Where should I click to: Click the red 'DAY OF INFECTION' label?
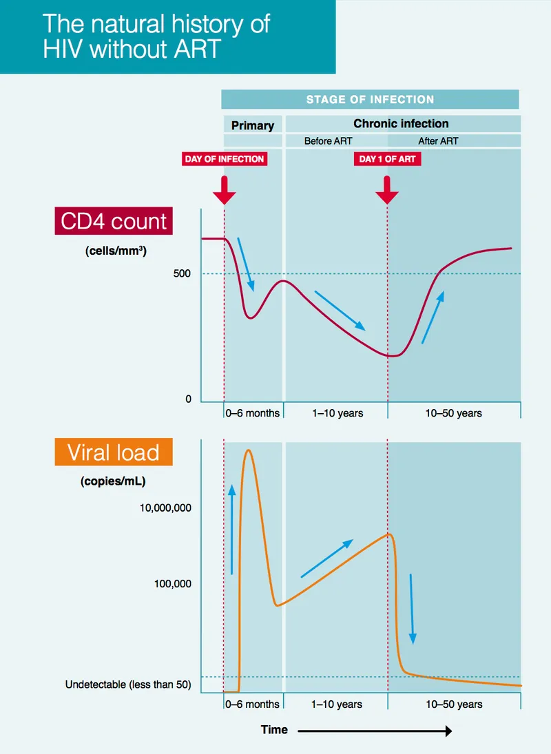tap(225, 159)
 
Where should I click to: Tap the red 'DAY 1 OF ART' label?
tap(387, 159)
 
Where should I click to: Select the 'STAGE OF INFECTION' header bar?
tap(370, 99)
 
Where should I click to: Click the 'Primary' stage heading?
tap(252, 125)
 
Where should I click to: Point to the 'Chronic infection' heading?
tap(401, 124)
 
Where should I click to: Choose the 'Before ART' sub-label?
tap(329, 141)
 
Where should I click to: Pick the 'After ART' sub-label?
tap(438, 141)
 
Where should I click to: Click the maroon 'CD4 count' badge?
tap(114, 222)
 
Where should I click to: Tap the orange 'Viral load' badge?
tap(114, 452)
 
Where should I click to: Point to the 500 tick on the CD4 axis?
tap(183, 274)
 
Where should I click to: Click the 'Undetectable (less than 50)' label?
tap(128, 685)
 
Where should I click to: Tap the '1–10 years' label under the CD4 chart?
tap(337, 413)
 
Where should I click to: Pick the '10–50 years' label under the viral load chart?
tap(454, 704)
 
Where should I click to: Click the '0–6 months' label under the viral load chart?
tap(252, 704)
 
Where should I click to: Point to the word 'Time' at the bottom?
tap(274, 730)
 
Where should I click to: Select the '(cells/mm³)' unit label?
tap(116, 251)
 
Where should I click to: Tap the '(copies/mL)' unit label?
tap(113, 481)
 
